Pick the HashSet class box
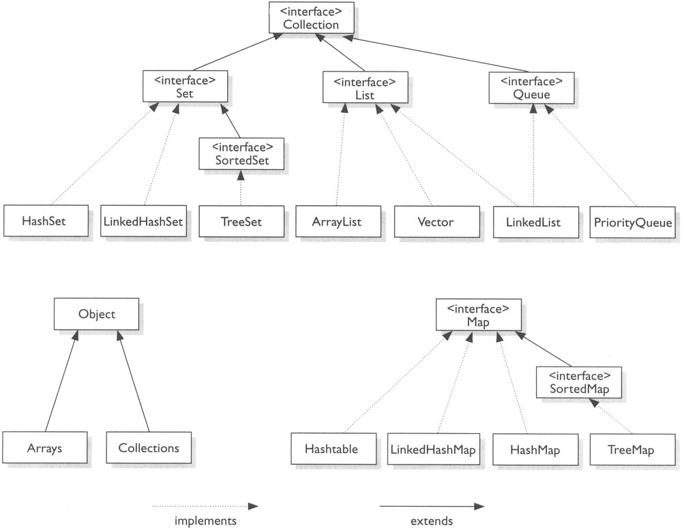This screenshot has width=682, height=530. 44,221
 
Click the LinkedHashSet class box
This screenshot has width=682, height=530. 144,221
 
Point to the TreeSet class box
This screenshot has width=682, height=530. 240,221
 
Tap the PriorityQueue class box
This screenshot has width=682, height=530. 633,221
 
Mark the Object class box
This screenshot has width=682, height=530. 97,315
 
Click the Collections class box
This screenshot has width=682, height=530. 148,448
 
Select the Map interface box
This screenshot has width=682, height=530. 479,315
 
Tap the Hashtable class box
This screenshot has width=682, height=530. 331,450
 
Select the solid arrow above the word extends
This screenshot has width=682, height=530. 431,506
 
